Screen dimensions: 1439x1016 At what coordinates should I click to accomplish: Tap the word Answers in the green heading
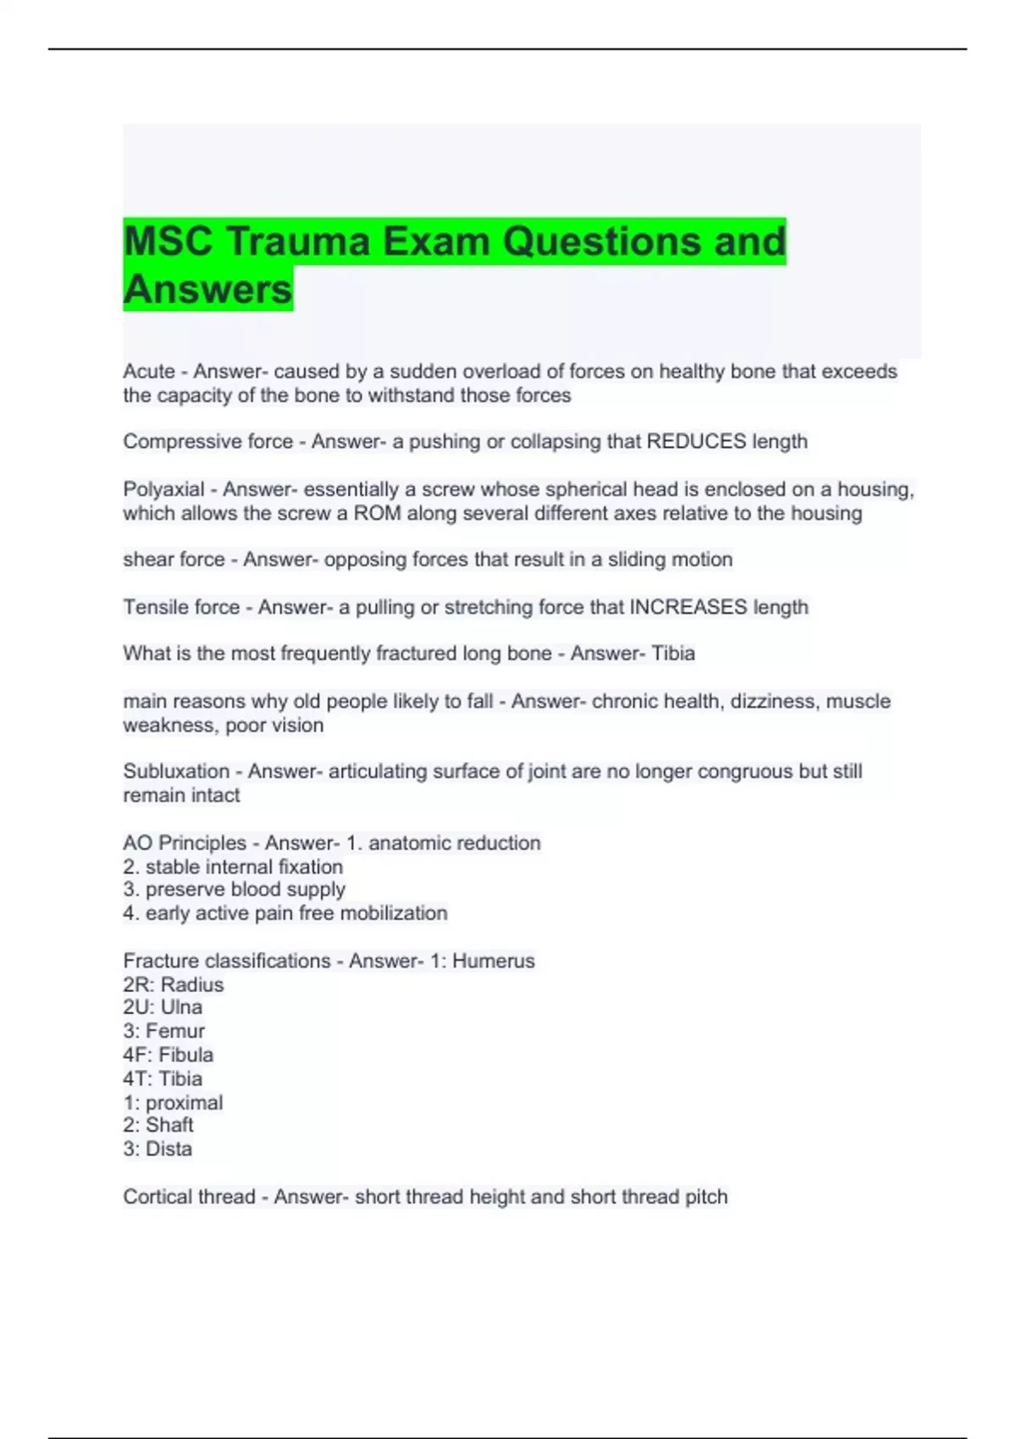(207, 289)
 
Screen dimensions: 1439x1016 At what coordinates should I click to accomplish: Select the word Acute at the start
(149, 372)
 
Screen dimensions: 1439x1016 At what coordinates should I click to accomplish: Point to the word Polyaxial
(163, 490)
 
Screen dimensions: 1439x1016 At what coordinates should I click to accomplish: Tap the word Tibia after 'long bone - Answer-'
(673, 653)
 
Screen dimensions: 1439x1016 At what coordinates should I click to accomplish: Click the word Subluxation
(176, 772)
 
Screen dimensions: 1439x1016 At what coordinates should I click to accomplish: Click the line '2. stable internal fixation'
(233, 867)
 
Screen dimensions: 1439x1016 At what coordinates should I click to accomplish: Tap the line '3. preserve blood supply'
(235, 890)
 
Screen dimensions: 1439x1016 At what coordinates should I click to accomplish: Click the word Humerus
(494, 962)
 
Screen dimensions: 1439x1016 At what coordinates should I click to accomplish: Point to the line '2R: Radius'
(174, 985)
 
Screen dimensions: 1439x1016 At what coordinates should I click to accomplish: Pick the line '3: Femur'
(164, 1031)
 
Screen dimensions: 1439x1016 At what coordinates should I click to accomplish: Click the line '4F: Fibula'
(168, 1056)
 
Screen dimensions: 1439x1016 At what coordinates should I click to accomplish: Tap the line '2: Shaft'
(158, 1125)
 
